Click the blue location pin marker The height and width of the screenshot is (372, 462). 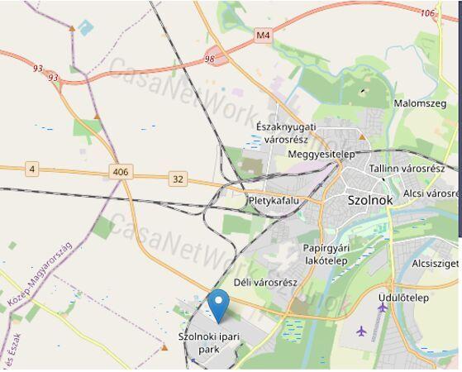coord(218,304)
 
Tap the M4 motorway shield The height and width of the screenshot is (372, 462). coord(264,36)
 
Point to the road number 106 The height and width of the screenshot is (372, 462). coord(426,13)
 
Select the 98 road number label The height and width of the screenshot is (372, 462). coord(209,59)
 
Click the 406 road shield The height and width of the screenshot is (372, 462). coord(120,171)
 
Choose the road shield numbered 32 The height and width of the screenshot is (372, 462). coord(178,178)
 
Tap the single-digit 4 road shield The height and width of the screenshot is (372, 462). coord(31,169)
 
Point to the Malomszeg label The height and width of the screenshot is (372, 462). coord(419,104)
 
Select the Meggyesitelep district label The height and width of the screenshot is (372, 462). coord(321,155)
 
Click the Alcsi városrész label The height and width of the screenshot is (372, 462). coord(431,193)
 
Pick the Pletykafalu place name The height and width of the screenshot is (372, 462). coord(273,200)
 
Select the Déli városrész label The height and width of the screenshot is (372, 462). coord(265,283)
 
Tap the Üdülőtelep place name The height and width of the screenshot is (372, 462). coord(401,297)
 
